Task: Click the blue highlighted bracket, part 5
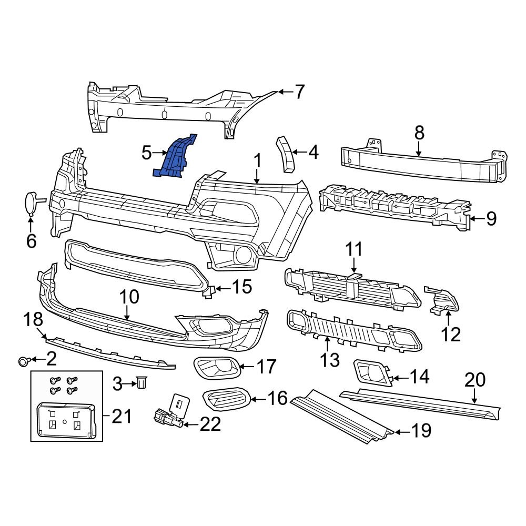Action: point(176,158)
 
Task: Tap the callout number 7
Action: point(299,92)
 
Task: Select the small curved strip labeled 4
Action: point(285,154)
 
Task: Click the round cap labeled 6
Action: point(31,204)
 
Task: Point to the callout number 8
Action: point(419,133)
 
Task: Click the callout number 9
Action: point(491,218)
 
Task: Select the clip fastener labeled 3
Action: point(141,383)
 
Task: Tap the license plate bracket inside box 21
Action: point(64,420)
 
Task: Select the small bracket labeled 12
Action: point(443,300)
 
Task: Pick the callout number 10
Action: point(129,297)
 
